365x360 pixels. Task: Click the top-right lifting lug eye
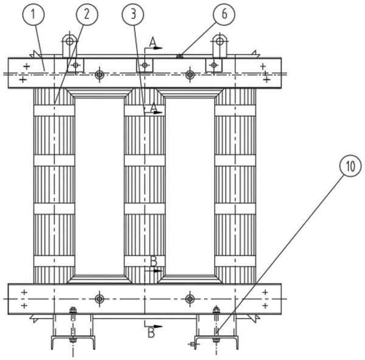[220, 42]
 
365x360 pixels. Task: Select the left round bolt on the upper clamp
[100, 75]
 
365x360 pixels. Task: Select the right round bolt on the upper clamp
[190, 75]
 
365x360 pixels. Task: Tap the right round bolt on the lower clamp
[190, 299]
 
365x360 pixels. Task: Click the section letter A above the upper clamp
[153, 41]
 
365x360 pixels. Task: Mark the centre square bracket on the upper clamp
[144, 65]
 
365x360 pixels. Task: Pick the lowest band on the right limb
[235, 261]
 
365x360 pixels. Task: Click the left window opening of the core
[99, 185]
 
